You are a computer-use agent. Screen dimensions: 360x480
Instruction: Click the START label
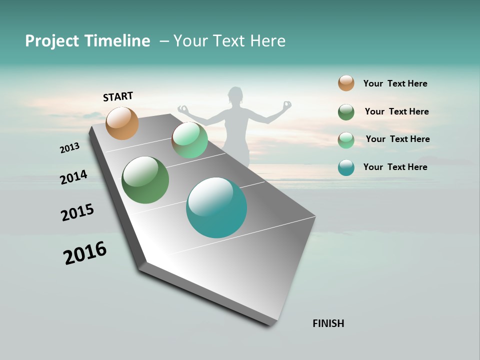pyautogui.click(x=118, y=96)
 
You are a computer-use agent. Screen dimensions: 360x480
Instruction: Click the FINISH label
pyautogui.click(x=328, y=323)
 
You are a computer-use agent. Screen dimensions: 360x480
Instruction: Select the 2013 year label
pyautogui.click(x=70, y=148)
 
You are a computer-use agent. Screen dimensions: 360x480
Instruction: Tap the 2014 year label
pyautogui.click(x=74, y=177)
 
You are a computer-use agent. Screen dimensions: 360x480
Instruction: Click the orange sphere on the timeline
pyautogui.click(x=122, y=123)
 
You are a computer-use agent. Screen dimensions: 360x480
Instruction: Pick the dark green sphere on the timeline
pyautogui.click(x=145, y=180)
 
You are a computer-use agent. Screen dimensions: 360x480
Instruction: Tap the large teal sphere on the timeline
pyautogui.click(x=216, y=207)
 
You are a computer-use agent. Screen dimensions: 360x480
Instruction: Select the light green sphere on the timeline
pyautogui.click(x=189, y=140)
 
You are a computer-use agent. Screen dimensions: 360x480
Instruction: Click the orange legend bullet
pyautogui.click(x=346, y=83)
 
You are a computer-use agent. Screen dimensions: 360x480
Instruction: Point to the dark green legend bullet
pyautogui.click(x=346, y=112)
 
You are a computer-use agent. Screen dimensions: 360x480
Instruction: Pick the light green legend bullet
pyautogui.click(x=346, y=140)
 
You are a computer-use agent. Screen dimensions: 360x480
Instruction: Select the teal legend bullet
pyautogui.click(x=346, y=167)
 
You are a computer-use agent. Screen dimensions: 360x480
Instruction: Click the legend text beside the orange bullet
pyautogui.click(x=395, y=83)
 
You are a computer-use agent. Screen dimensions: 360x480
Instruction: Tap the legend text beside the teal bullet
pyautogui.click(x=395, y=167)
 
